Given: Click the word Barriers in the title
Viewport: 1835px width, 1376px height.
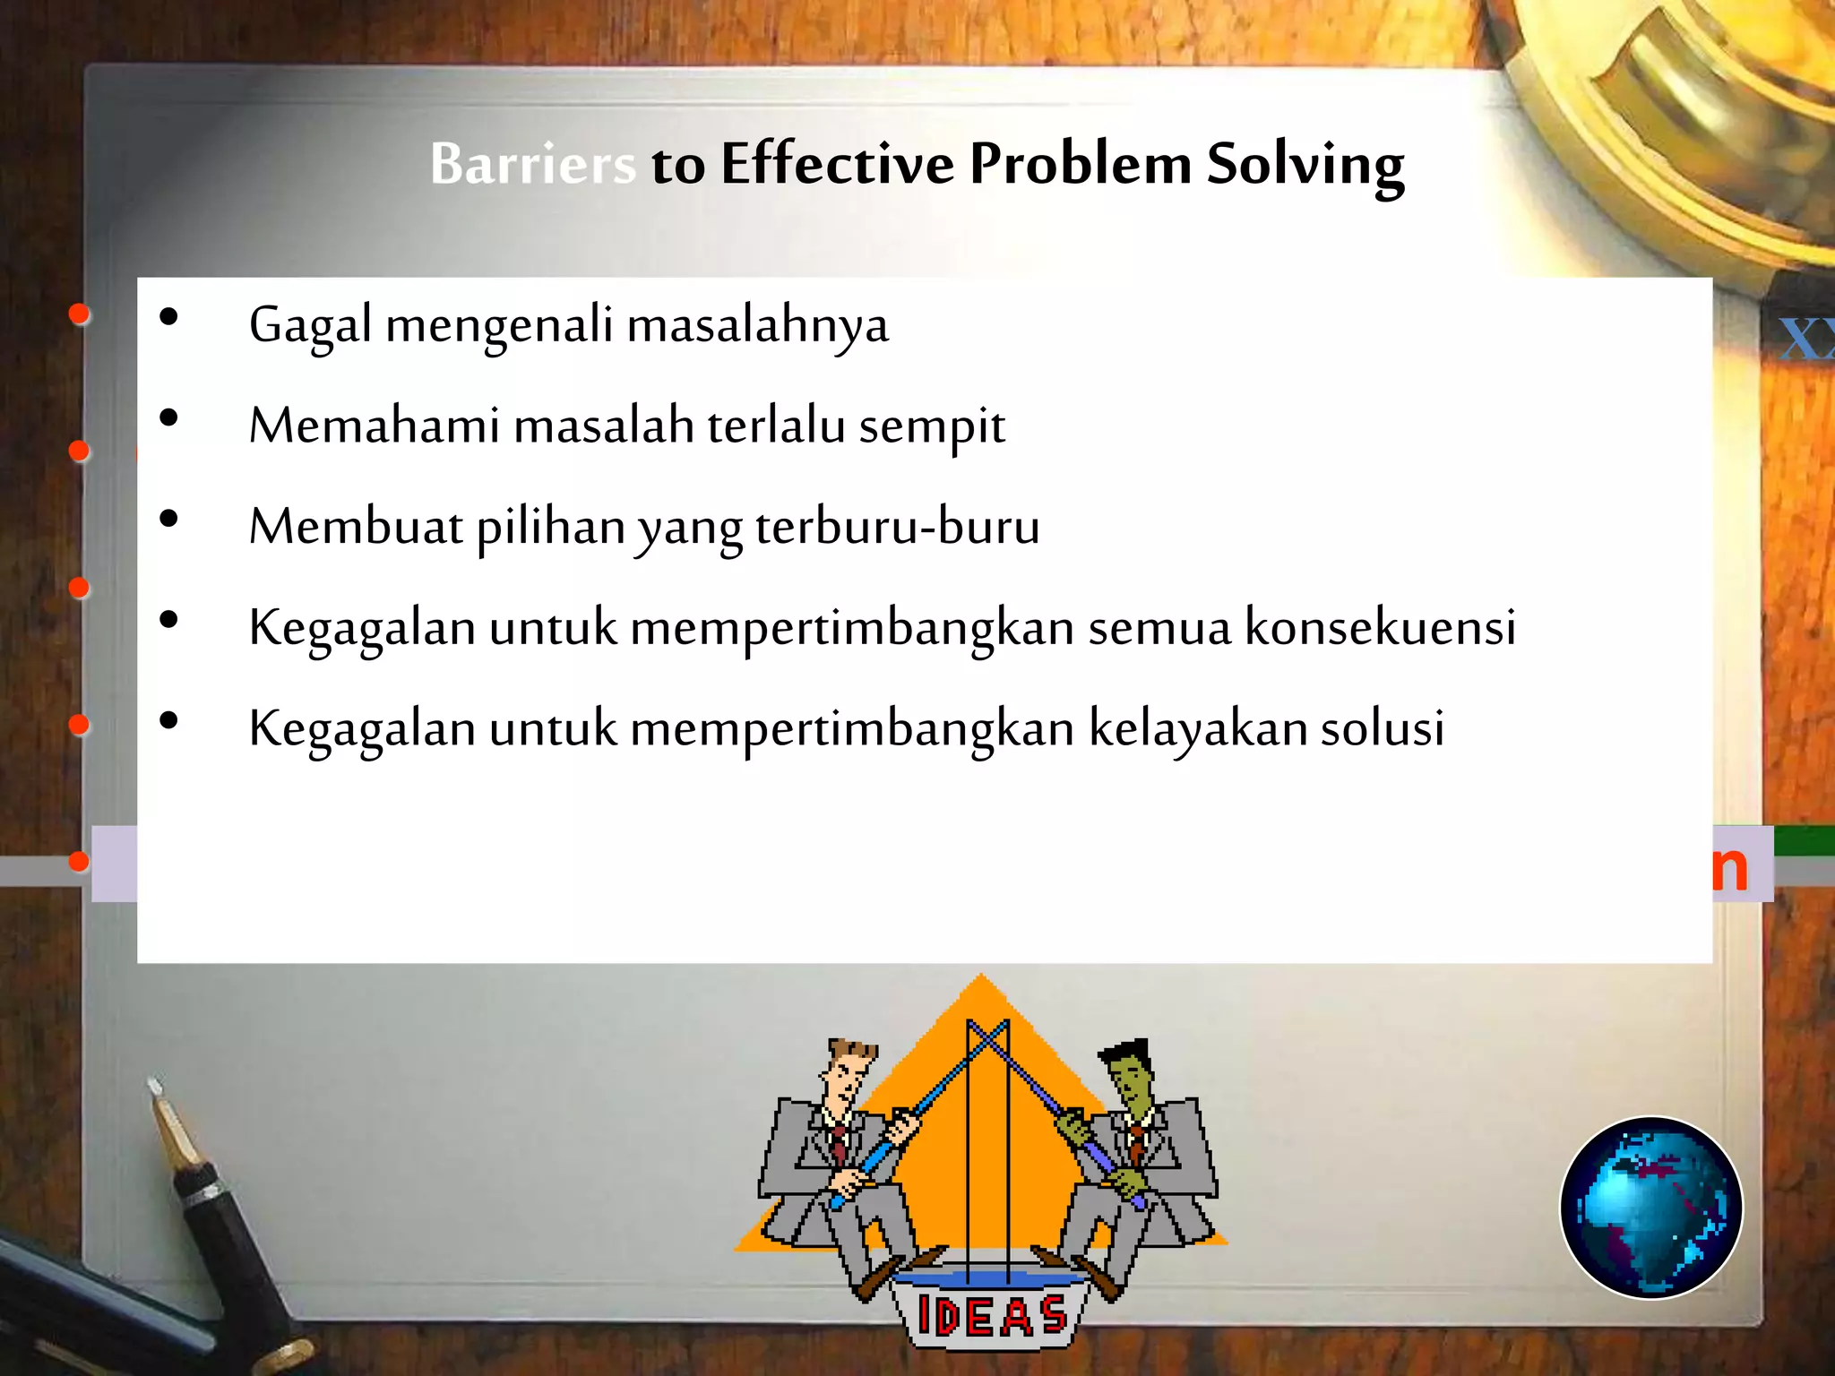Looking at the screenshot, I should [533, 165].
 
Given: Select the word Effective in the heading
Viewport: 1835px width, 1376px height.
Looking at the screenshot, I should [837, 165].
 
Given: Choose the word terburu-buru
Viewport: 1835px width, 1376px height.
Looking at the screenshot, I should [897, 527].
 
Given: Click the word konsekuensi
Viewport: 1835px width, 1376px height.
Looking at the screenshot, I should [1380, 627].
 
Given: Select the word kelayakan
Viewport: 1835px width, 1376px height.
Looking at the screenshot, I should [1197, 727].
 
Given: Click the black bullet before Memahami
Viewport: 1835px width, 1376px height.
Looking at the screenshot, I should [168, 418].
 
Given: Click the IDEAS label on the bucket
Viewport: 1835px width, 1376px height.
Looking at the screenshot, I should [992, 1315].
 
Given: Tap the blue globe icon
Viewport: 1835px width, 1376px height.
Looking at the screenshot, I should [1650, 1207].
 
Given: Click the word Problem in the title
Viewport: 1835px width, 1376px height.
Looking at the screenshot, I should [1080, 165].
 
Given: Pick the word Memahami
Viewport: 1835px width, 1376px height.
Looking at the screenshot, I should [374, 426].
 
